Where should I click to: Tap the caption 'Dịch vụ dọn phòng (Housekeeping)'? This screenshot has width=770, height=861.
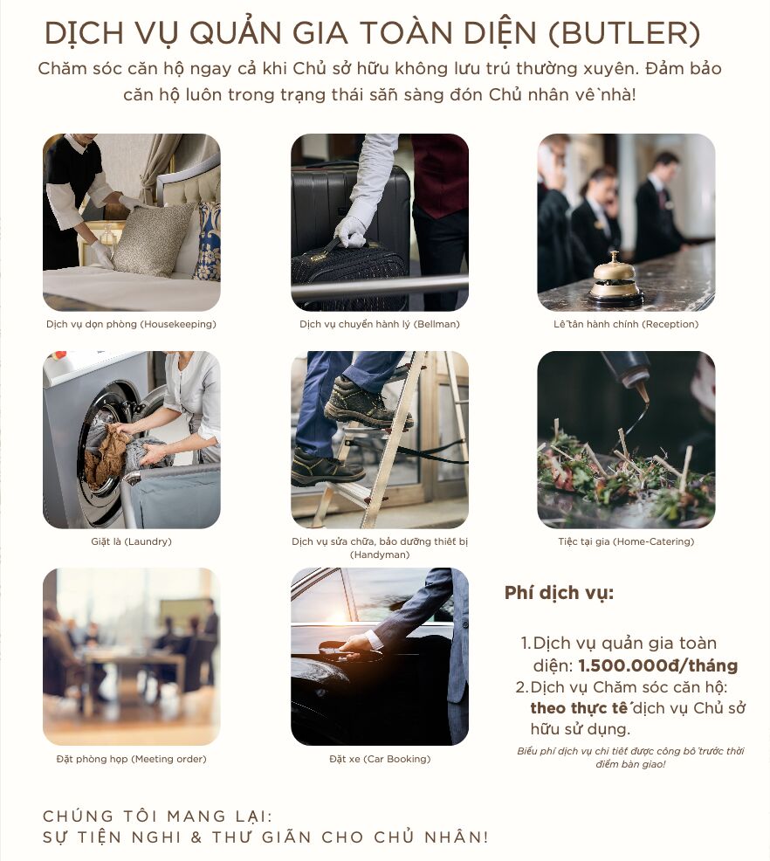(x=131, y=324)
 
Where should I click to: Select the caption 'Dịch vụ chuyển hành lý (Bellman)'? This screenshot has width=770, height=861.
(x=380, y=324)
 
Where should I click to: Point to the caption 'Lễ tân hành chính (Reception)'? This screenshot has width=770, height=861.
(x=626, y=324)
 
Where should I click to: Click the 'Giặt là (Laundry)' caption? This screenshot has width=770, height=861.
(x=131, y=541)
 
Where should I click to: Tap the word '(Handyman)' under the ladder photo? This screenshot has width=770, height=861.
(x=380, y=554)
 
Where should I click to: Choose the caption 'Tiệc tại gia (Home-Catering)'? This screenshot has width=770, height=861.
(x=626, y=541)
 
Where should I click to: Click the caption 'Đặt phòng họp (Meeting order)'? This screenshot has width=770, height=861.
(x=131, y=759)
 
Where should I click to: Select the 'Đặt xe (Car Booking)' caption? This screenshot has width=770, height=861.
(x=380, y=759)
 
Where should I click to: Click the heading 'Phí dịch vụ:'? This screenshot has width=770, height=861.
(x=559, y=593)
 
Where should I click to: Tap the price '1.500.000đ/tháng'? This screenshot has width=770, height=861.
(x=658, y=665)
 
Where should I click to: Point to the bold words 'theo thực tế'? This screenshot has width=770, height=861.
(x=579, y=708)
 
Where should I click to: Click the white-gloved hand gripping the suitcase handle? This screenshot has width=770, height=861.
(x=349, y=231)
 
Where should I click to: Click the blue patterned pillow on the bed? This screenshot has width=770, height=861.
(x=209, y=242)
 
